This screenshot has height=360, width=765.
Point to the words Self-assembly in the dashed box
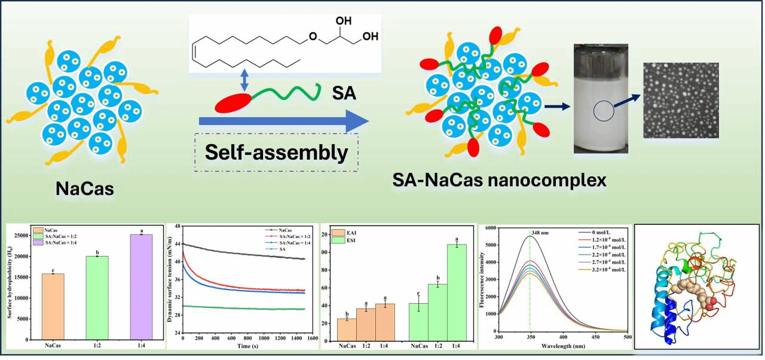tap(277, 152)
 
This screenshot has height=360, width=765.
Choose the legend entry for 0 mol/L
tap(598, 231)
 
